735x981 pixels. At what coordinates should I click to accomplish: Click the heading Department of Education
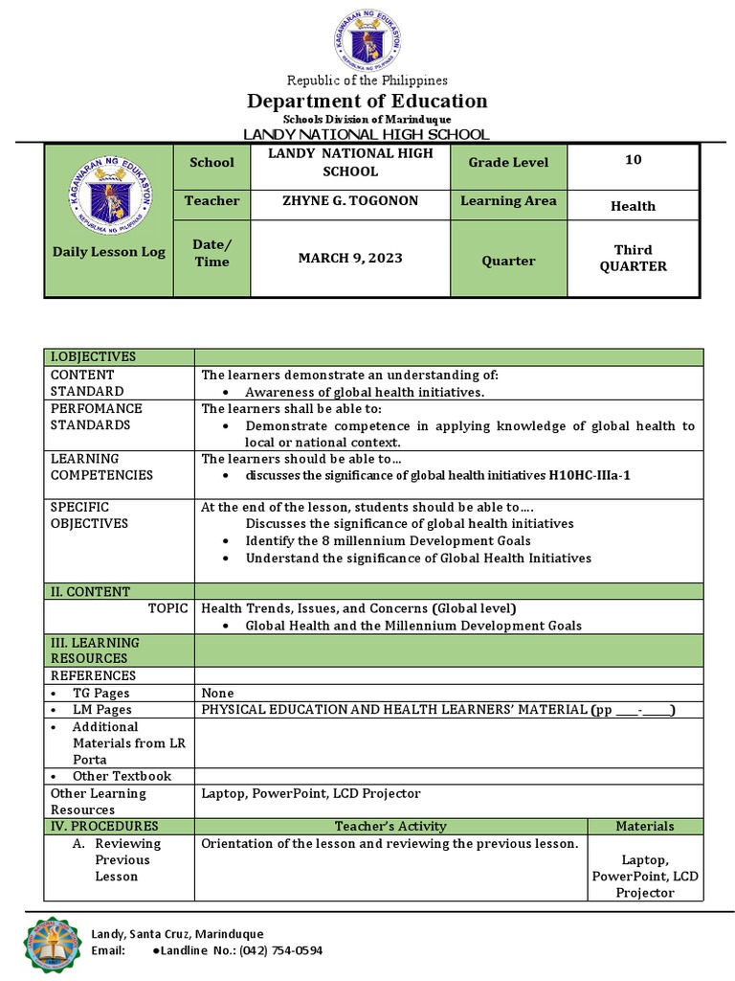pos(367,102)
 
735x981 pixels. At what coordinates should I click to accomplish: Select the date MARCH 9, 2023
pos(350,259)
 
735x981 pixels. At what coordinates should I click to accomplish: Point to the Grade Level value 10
pos(633,160)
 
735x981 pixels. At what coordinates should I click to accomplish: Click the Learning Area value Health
pos(633,206)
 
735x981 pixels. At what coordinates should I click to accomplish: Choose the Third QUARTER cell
pos(633,259)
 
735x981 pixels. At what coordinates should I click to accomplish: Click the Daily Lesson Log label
pos(108,252)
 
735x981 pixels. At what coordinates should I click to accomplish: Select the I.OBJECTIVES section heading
pos(93,357)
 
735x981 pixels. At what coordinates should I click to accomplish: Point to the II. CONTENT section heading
pos(90,592)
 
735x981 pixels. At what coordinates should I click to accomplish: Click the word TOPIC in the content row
pos(167,608)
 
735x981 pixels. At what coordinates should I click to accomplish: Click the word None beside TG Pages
pos(217,693)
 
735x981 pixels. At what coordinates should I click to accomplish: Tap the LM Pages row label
pos(101,710)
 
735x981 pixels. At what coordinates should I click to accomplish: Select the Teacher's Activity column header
pos(390,826)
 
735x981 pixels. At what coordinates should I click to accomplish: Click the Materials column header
pos(644,826)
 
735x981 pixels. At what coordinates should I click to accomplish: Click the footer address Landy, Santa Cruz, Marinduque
pos(177,934)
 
